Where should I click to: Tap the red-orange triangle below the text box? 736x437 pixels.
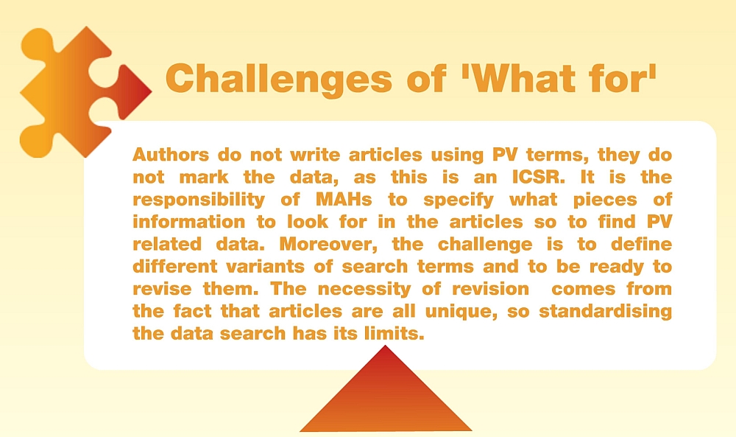coord(386,395)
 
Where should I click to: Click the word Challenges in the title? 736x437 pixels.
coord(279,79)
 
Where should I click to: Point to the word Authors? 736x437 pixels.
coord(171,154)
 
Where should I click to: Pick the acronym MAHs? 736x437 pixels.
coord(344,199)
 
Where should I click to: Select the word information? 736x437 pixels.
coord(188,221)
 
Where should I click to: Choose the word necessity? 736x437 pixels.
coord(364,290)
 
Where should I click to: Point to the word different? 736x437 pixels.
coord(175,267)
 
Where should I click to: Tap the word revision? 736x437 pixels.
coord(490,289)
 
